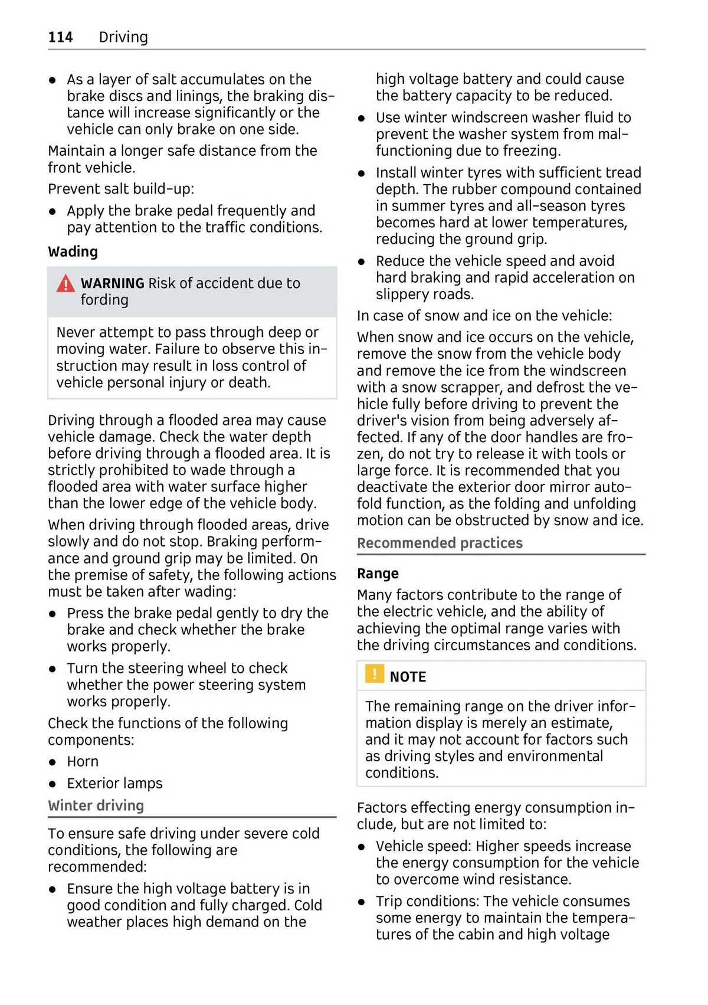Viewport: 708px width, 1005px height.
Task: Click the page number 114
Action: [60, 37]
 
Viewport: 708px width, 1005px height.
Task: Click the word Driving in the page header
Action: [123, 37]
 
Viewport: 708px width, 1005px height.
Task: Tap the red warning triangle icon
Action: [65, 284]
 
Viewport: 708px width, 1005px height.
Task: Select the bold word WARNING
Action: [112, 283]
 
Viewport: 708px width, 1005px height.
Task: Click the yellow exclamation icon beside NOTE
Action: [374, 674]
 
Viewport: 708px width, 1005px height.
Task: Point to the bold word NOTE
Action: [408, 677]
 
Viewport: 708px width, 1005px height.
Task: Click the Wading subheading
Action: [73, 252]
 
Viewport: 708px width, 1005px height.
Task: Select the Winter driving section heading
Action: [96, 806]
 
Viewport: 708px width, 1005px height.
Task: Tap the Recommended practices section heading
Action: [440, 543]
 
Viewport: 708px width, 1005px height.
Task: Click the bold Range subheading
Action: [378, 574]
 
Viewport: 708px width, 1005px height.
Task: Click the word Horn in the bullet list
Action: [83, 762]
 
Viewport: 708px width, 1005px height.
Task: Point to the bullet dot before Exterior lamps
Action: [53, 784]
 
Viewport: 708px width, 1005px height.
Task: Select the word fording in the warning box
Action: [104, 300]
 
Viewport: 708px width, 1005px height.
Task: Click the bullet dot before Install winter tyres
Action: [362, 173]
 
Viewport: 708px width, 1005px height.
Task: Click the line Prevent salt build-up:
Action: [121, 189]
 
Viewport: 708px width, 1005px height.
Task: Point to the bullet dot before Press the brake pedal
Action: [53, 614]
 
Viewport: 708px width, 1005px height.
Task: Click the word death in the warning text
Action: [248, 383]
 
